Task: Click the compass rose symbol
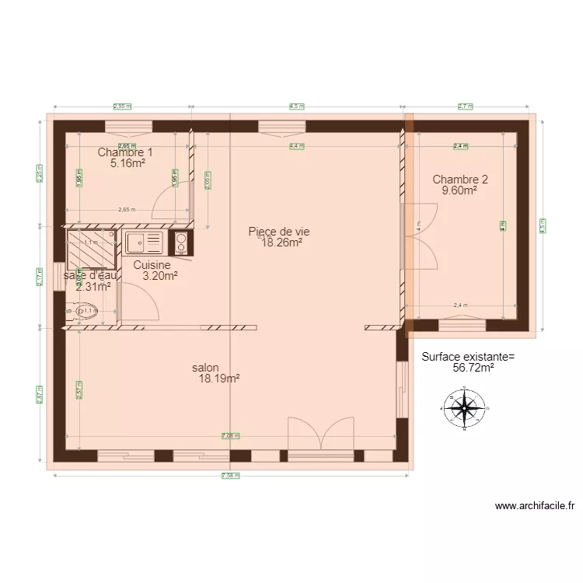[464, 407]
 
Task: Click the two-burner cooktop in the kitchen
[180, 243]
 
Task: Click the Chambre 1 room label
[125, 152]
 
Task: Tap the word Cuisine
[152, 264]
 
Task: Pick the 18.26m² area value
[281, 243]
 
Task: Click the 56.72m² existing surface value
[473, 368]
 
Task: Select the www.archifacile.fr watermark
[535, 506]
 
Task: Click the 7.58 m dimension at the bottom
[231, 475]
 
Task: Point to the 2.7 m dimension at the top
[465, 106]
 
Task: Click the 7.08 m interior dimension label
[231, 436]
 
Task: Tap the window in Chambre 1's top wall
[128, 125]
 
